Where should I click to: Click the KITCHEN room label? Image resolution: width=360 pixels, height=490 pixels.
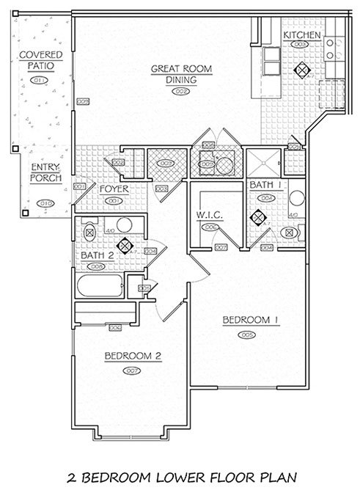[x=302, y=35]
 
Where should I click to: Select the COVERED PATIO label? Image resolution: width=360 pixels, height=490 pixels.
[x=41, y=60]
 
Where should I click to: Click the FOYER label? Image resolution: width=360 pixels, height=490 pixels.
[x=114, y=189]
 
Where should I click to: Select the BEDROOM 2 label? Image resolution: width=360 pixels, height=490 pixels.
[x=133, y=356]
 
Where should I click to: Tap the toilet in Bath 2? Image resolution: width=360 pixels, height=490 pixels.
[x=89, y=231]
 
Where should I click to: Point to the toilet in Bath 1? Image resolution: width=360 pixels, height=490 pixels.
[x=291, y=233]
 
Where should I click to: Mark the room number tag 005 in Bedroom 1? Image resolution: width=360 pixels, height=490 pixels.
[x=246, y=334]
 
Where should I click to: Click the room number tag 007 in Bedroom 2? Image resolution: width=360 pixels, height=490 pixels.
[x=133, y=370]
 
